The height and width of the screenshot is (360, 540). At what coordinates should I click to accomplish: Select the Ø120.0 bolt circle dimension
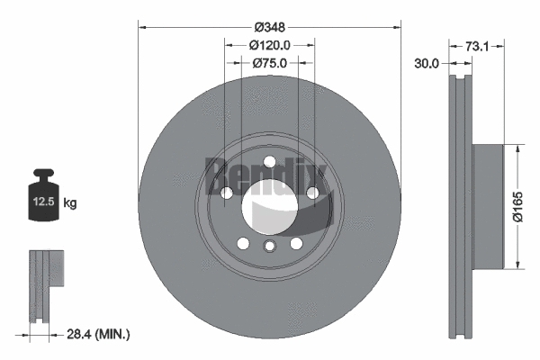(269, 43)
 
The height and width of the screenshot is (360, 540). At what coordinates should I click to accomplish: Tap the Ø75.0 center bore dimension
(269, 62)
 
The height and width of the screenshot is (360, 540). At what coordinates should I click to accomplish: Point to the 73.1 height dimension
(479, 43)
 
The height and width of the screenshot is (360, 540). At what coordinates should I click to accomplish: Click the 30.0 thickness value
(426, 63)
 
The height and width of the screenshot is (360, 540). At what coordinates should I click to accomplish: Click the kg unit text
(70, 203)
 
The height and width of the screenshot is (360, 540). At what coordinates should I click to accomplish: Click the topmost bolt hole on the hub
(269, 161)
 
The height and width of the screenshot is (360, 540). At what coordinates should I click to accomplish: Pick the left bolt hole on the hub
(227, 193)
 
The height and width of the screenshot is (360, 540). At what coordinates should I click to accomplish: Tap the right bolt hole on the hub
(312, 193)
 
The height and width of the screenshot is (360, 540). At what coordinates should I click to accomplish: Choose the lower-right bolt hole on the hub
(296, 243)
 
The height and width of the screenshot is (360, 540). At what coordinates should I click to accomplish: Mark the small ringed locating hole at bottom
(269, 248)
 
